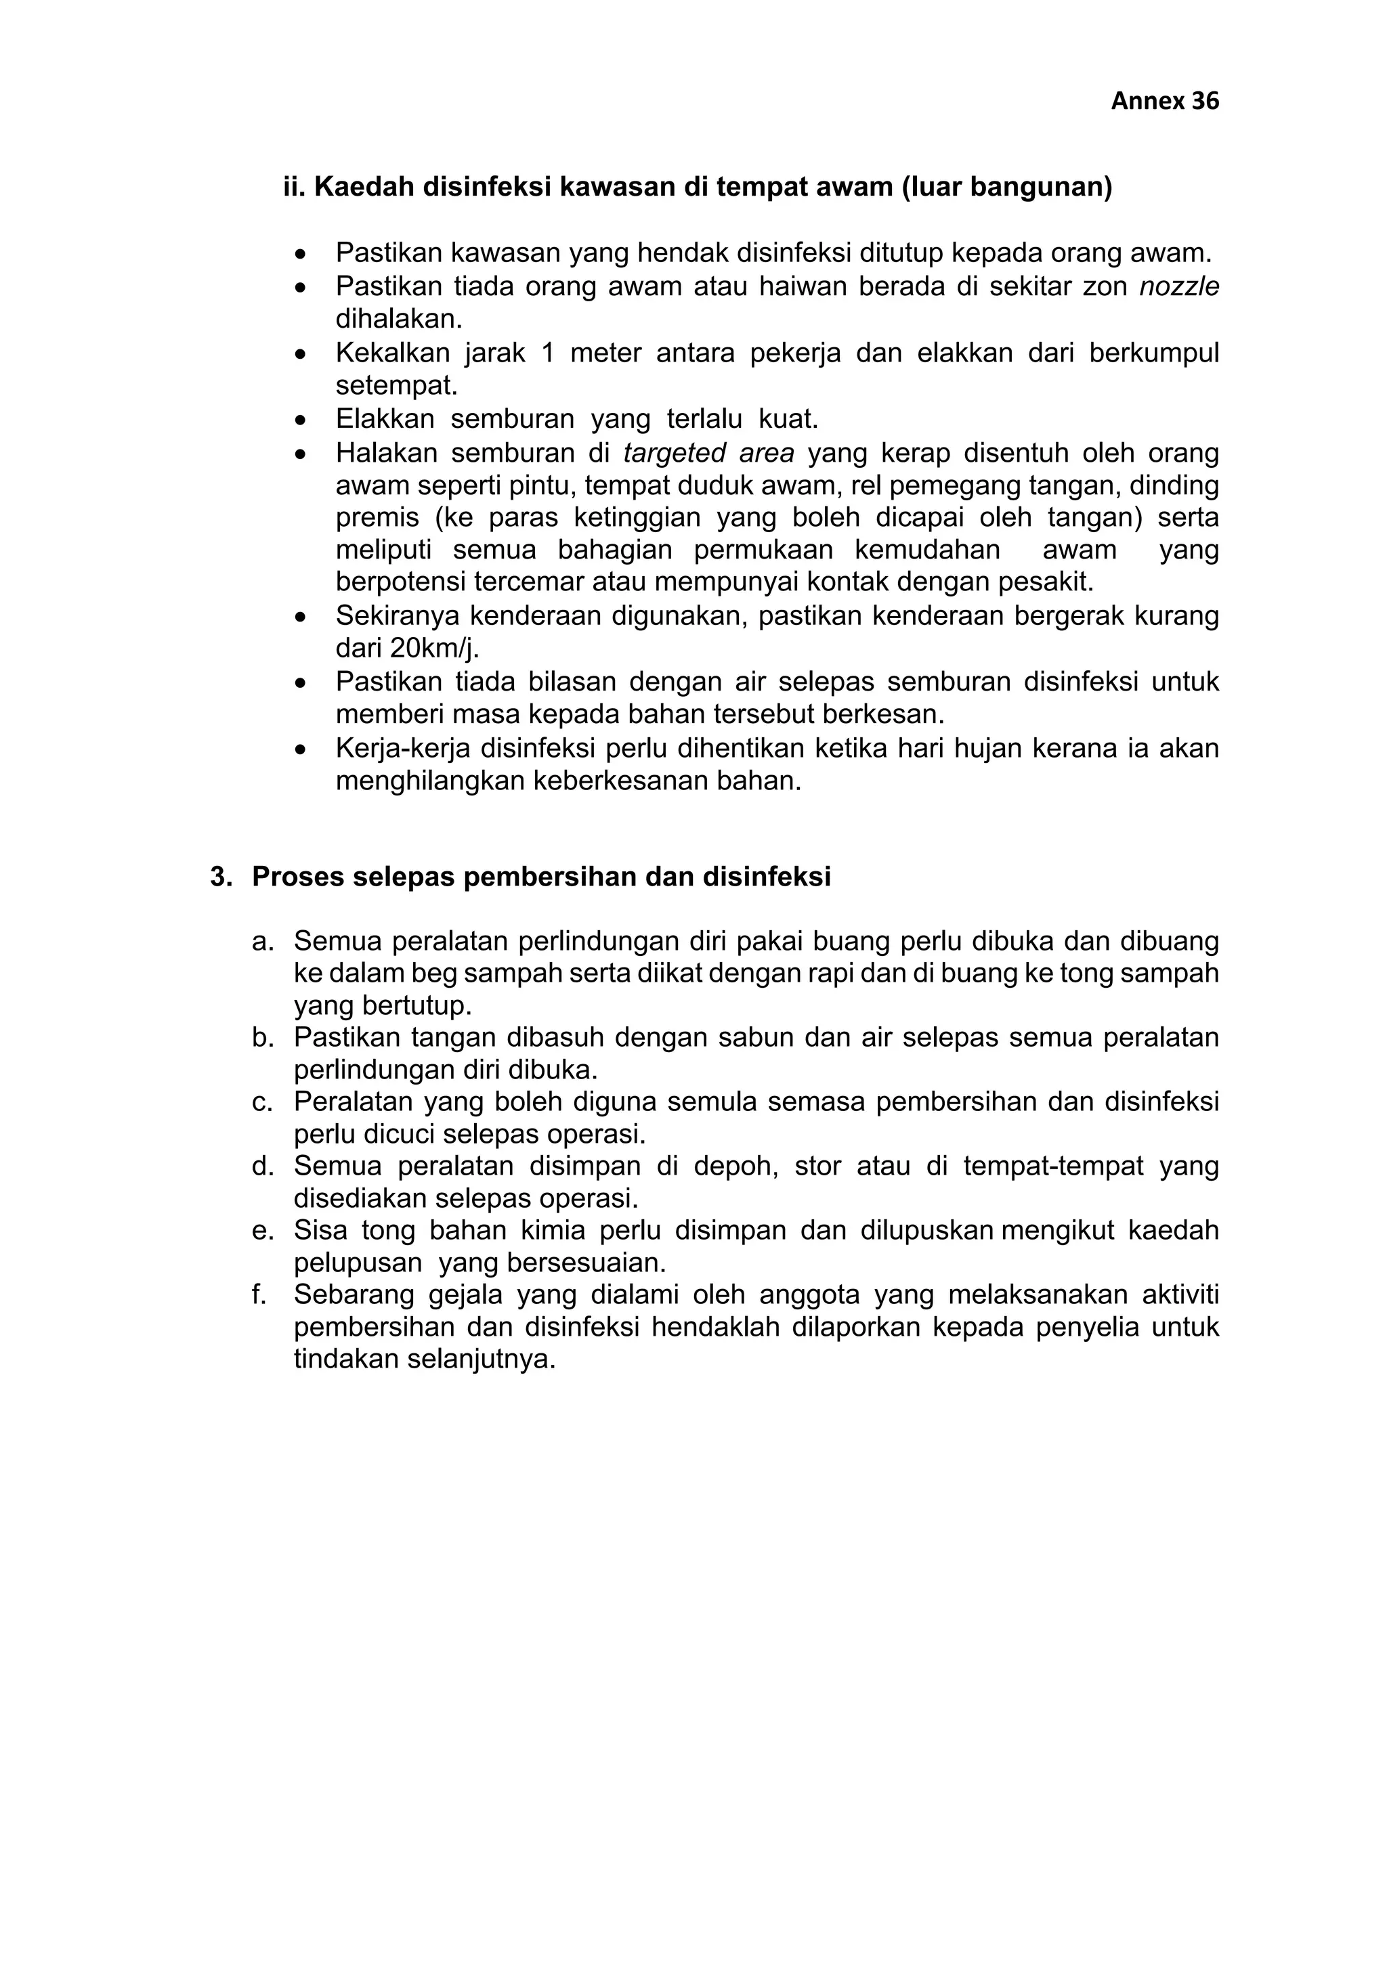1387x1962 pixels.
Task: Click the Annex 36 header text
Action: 1164,102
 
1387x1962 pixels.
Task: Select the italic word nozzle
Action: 1178,286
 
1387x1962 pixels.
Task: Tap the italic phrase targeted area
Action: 708,453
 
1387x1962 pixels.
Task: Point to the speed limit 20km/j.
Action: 433,649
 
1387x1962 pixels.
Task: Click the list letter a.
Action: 261,942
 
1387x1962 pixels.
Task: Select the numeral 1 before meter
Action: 548,353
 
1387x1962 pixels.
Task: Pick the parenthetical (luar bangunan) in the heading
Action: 1006,187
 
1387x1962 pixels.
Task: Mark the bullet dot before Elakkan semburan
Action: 300,420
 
